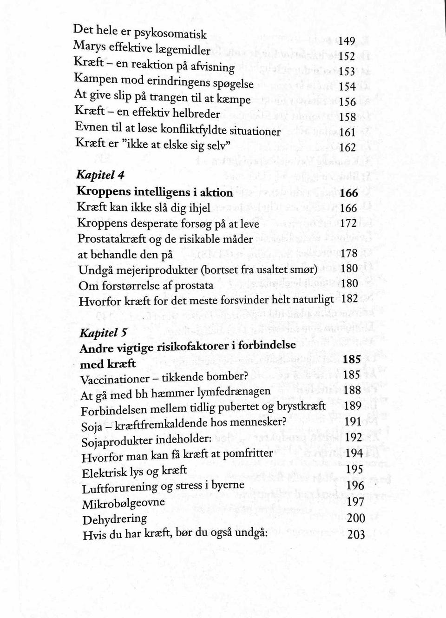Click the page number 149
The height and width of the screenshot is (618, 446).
point(347,41)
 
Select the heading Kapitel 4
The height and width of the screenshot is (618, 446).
point(99,176)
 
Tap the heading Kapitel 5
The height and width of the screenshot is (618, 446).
point(98,332)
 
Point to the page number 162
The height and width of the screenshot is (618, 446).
point(348,148)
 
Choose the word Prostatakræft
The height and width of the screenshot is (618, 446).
point(111,239)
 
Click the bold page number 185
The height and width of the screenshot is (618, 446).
point(352,360)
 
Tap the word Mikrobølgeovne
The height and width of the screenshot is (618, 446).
point(123,504)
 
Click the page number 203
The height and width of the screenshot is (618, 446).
point(356,534)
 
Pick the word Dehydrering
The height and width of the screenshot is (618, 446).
point(114,519)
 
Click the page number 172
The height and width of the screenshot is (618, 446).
point(348,224)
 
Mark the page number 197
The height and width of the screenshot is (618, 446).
point(356,501)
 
